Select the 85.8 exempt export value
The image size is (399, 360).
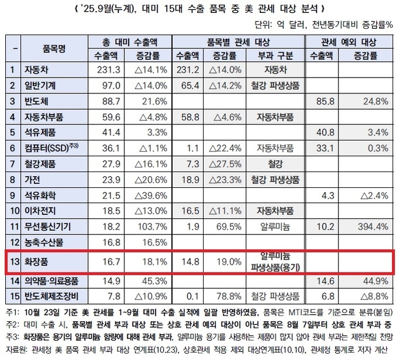[x=322, y=101]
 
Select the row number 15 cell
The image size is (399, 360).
[x=11, y=295]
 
